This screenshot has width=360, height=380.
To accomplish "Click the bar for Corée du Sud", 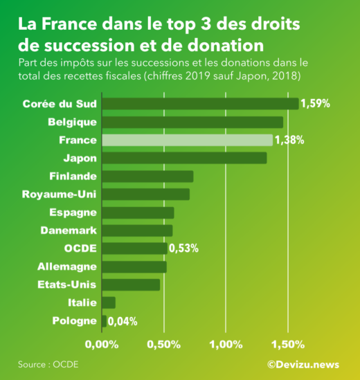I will coord(200,104).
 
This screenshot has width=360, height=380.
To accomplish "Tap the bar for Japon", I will coord(184,158).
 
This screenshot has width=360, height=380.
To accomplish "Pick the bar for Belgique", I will coord(192,122).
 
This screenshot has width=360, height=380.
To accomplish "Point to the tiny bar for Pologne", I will coord(104,320).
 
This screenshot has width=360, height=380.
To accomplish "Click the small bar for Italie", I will coord(109,302).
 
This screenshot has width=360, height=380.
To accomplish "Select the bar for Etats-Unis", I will coord(131,284).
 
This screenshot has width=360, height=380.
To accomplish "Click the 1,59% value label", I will coord(315,104).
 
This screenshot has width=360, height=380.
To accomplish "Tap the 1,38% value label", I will coord(289,140).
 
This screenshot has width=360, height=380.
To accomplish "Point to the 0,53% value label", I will coord(183,248).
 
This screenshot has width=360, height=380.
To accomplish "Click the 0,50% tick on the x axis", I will coord(164,343).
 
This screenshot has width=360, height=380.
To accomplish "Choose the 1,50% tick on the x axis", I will coord(288,343).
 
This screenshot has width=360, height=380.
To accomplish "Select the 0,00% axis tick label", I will coord(102,343).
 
